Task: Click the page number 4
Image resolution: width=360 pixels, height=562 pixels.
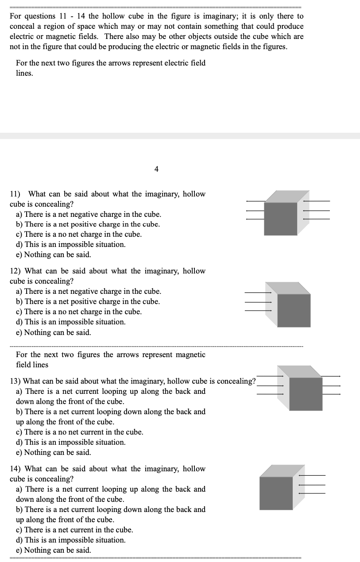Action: pyautogui.click(x=156, y=169)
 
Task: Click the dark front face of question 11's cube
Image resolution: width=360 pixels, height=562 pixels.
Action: pyautogui.click(x=280, y=219)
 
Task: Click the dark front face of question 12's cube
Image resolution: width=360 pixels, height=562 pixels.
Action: pyautogui.click(x=294, y=310)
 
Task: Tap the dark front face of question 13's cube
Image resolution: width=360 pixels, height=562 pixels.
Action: pyautogui.click(x=306, y=394)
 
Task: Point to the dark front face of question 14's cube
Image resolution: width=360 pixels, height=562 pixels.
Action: pyautogui.click(x=276, y=493)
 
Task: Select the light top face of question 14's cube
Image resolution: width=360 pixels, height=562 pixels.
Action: pyautogui.click(x=283, y=470)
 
